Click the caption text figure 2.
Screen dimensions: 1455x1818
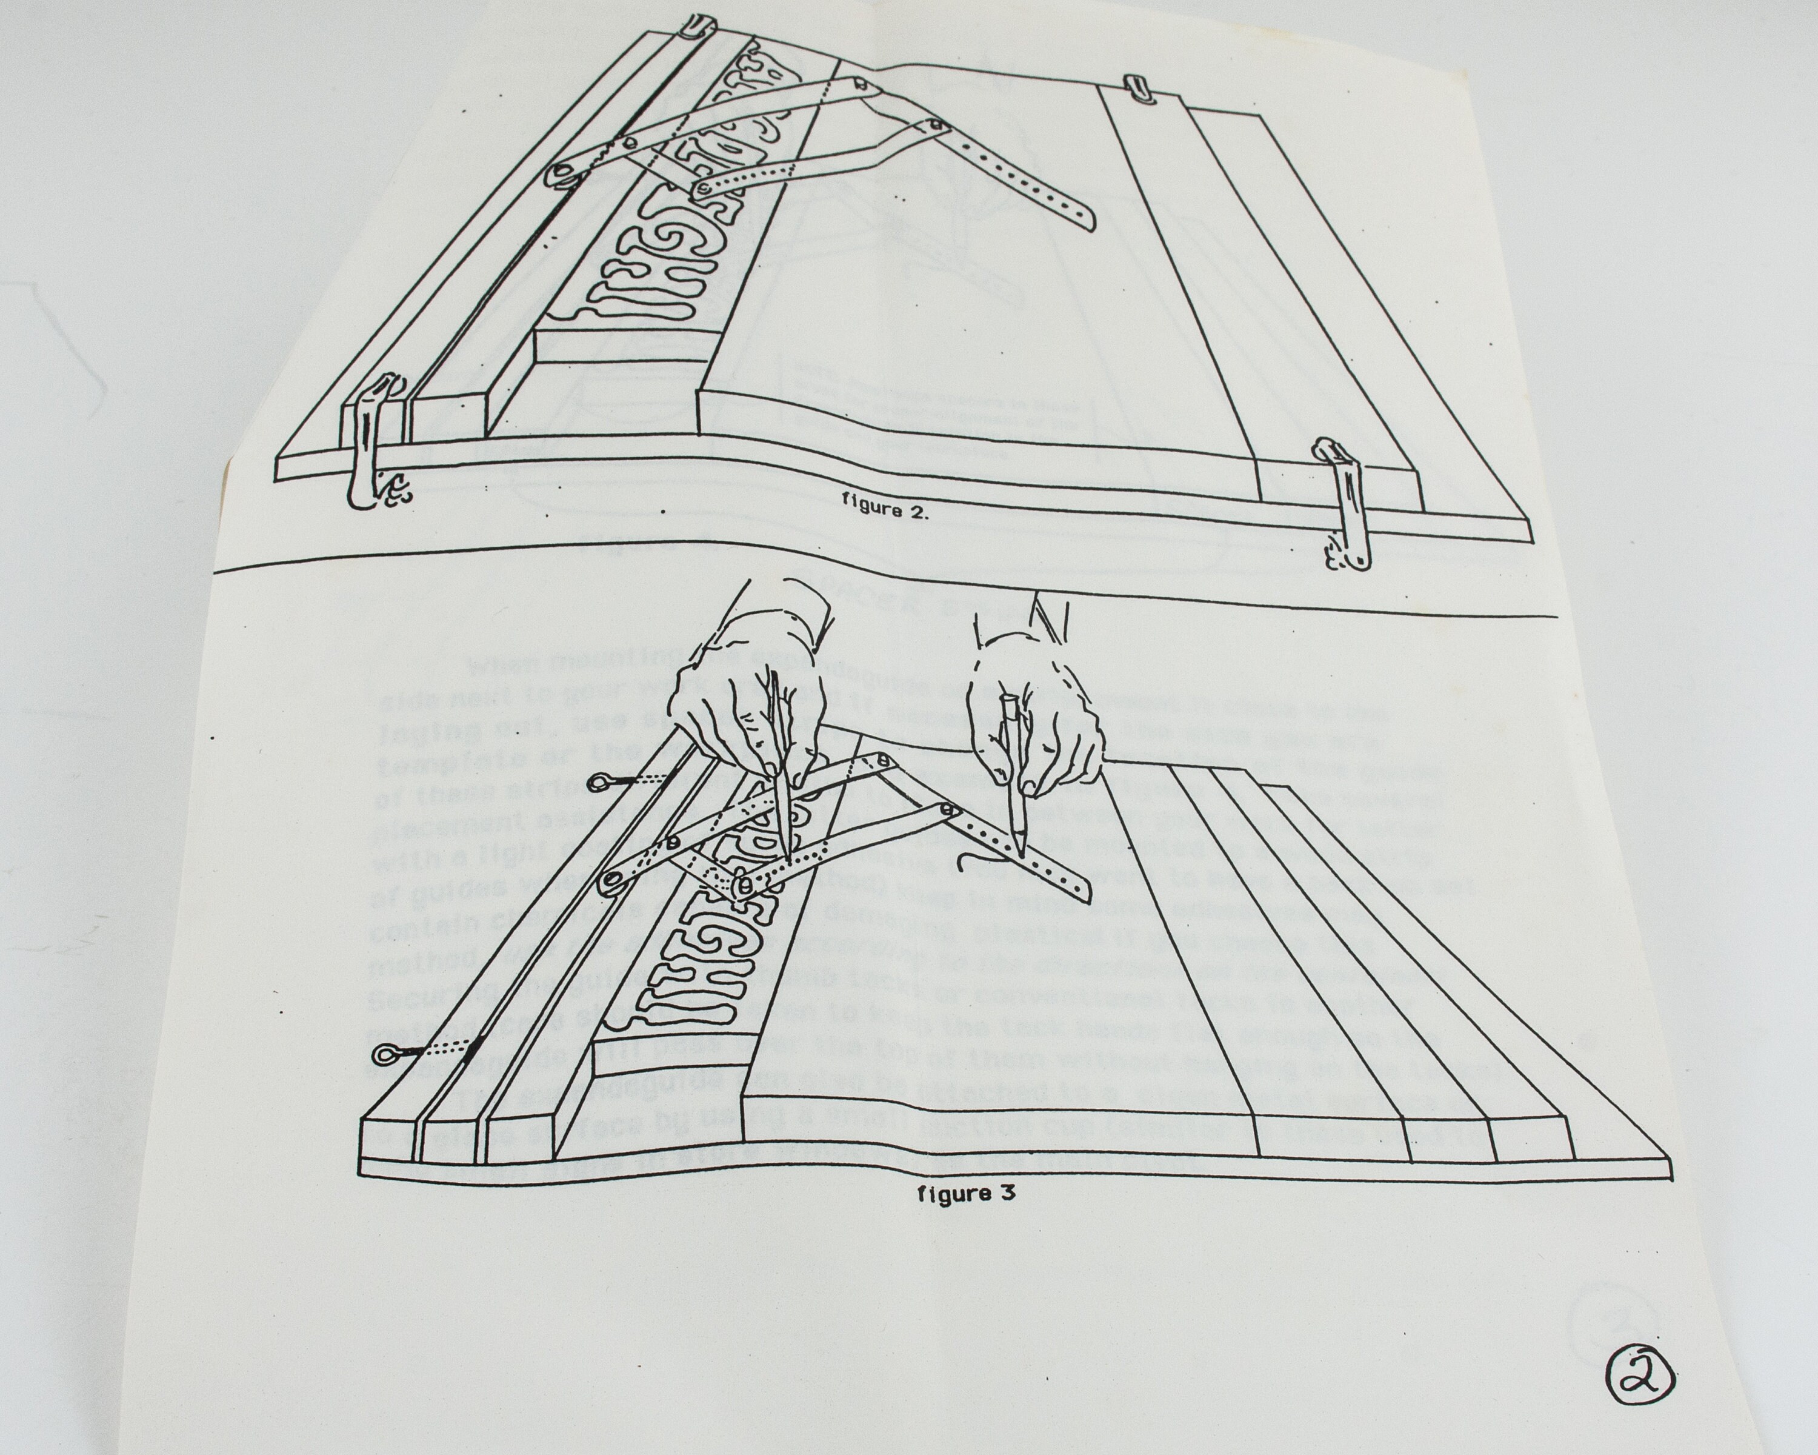click(x=885, y=510)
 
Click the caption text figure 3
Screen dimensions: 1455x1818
click(x=965, y=1194)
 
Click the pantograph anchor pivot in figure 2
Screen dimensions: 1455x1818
click(x=559, y=174)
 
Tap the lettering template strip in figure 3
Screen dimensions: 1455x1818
click(x=700, y=945)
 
